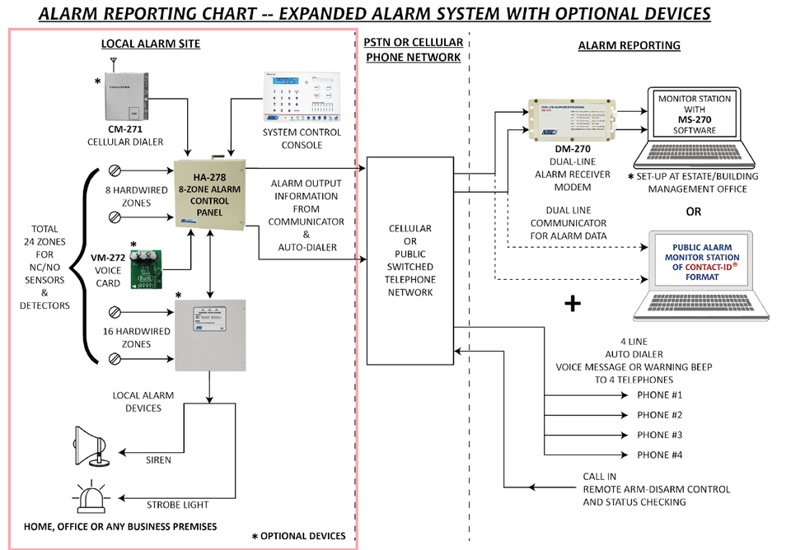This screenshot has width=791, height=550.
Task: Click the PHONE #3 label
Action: [660, 435]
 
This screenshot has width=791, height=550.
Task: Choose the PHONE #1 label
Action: [660, 395]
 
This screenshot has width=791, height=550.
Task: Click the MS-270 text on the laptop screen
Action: [694, 119]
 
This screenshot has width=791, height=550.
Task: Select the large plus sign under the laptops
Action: [572, 304]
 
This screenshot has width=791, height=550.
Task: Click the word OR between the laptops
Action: [694, 212]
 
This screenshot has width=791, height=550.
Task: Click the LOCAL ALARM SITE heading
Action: [150, 44]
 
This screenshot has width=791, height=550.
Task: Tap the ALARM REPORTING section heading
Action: [629, 45]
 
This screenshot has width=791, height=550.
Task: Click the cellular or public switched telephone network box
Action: [410, 260]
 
